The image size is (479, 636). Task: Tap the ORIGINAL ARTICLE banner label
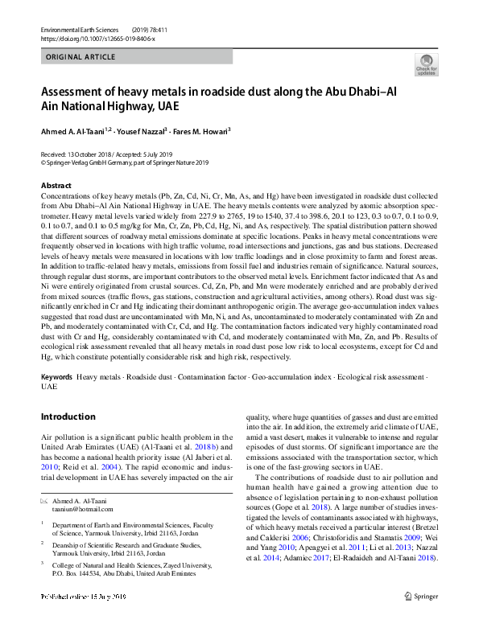(81, 58)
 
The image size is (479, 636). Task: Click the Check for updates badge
(426, 64)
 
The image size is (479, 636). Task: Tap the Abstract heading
(56, 186)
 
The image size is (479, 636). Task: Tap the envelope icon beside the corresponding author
(44, 500)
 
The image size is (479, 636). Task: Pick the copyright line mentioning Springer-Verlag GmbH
(125, 162)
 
